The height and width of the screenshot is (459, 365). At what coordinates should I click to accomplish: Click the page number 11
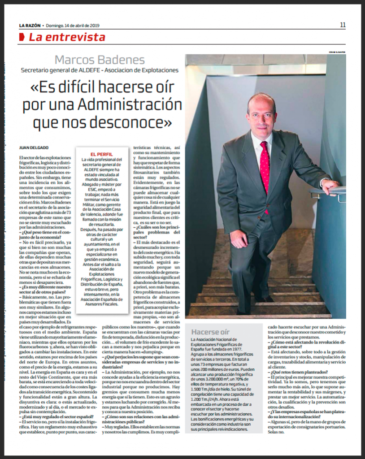[343, 25]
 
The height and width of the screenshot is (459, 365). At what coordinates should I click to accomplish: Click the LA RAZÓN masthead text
[31, 25]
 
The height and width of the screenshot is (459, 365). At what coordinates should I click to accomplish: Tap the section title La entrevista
[67, 37]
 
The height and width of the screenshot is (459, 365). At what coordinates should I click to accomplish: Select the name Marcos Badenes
[100, 60]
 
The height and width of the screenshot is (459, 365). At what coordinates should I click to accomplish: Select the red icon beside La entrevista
[22, 38]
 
